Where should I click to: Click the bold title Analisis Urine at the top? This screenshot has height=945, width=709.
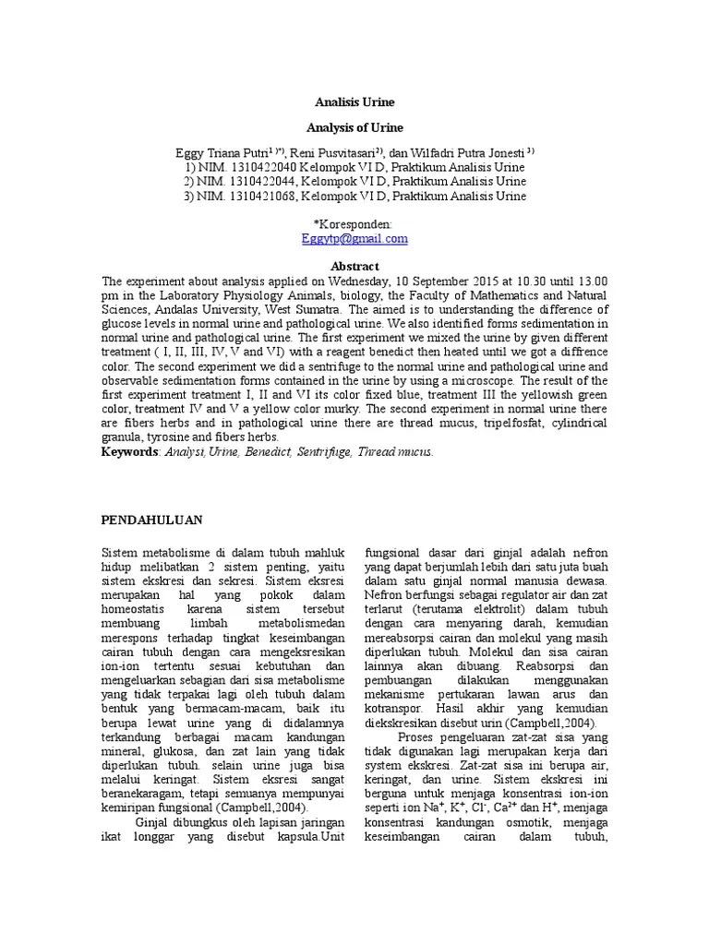click(355, 102)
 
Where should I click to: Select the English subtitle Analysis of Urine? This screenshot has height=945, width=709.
click(355, 127)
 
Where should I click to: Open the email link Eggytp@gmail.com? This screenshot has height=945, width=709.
click(354, 238)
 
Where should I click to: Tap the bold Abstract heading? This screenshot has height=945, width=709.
click(354, 265)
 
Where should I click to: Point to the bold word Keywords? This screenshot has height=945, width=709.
click(130, 452)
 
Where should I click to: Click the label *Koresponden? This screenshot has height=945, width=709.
click(354, 224)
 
